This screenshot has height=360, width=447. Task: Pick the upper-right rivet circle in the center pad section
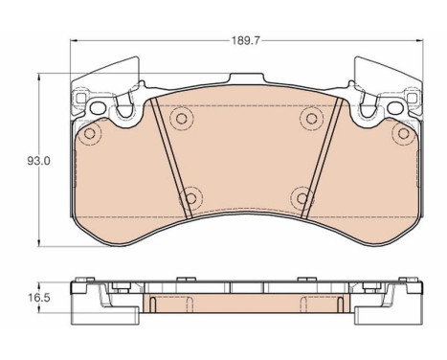[309, 117]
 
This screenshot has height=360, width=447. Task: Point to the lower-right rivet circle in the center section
[302, 198]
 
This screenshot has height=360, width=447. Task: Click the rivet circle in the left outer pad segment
[90, 134]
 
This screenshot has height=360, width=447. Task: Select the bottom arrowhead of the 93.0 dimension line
[38, 243]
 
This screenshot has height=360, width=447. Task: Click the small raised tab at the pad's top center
[245, 79]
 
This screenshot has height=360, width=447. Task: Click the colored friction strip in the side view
[245, 304]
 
